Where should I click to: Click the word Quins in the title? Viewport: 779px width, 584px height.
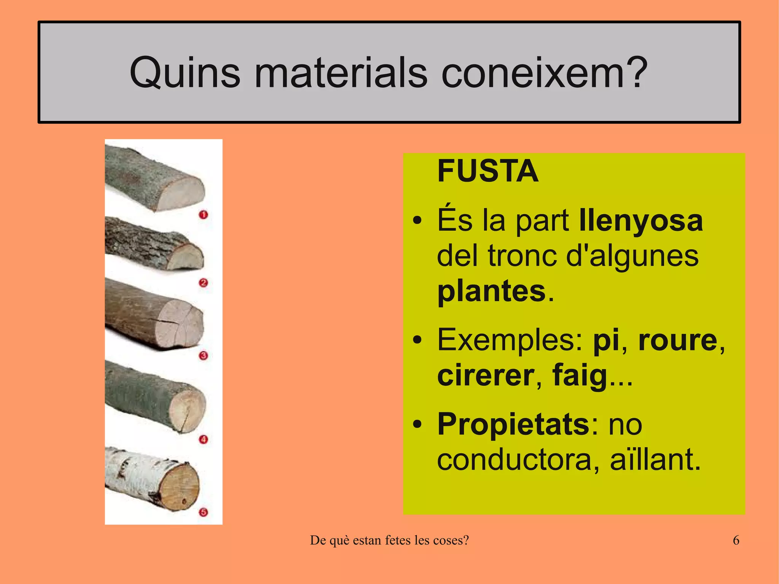click(185, 72)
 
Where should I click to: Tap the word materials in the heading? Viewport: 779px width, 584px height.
click(341, 72)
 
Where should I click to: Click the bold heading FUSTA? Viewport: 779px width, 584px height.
click(488, 171)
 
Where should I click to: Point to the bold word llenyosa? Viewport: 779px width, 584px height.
click(641, 221)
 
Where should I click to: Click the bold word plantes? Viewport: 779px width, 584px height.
click(491, 291)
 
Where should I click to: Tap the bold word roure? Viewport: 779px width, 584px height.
click(677, 339)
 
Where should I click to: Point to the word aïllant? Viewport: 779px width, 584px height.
click(655, 460)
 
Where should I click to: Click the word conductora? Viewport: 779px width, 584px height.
click(514, 460)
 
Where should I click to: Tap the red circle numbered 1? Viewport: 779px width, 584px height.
click(203, 215)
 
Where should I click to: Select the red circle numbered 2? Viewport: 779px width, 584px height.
click(203, 283)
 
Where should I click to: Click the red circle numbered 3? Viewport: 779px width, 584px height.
click(203, 356)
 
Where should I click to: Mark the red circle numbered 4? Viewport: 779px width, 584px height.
click(203, 440)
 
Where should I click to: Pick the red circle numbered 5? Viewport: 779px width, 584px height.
click(203, 512)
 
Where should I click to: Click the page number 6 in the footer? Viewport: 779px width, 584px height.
click(736, 540)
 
